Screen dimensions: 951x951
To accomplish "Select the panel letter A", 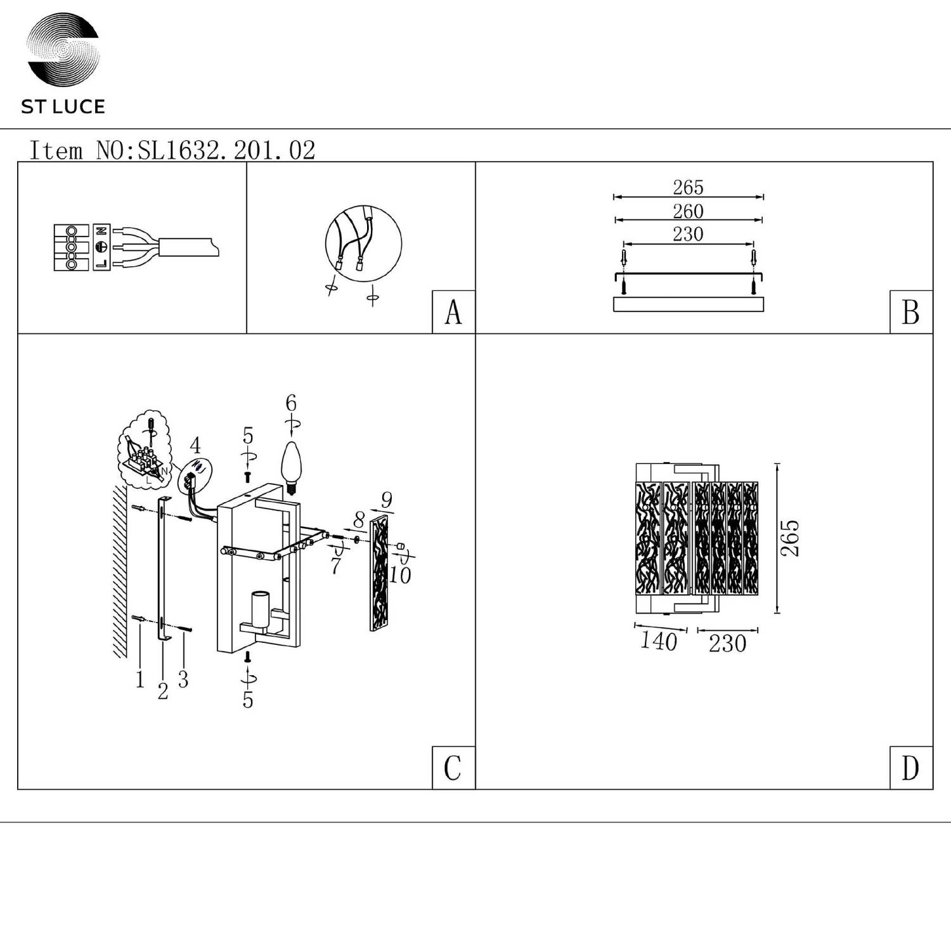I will coord(453,312).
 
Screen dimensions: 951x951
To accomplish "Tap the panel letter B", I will coord(910,312).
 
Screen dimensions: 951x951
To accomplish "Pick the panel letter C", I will coord(453,768).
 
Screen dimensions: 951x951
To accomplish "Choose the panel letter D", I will coord(910,768).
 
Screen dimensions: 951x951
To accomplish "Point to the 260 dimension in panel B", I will coord(688,211).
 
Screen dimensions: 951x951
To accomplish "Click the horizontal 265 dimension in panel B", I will coord(688,188).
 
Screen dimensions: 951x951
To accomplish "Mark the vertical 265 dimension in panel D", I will coord(790,538).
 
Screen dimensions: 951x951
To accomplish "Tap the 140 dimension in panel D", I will coord(659,641).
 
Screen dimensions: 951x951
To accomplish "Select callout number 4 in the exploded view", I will coord(195,445).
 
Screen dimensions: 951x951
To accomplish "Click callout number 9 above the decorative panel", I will coord(387,500).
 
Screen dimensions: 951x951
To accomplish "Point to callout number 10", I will coord(399,575).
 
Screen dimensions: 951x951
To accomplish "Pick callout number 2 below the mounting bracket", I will coord(163,691).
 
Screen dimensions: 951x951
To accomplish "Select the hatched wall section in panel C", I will coord(120,571).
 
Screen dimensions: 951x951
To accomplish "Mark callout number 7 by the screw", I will coord(335,565).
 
